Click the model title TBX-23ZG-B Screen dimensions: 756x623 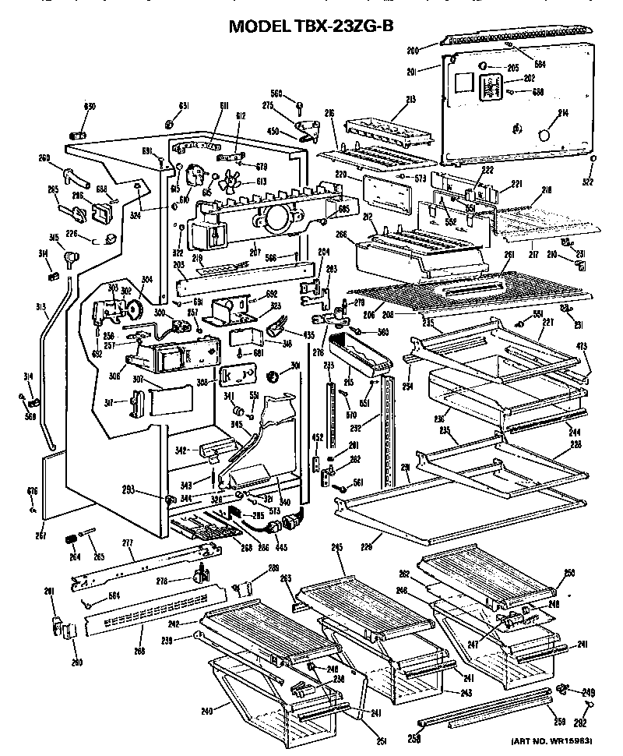tap(311, 25)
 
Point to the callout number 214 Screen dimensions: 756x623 tap(562, 114)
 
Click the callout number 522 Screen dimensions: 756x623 tap(587, 182)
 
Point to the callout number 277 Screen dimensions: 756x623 tap(128, 542)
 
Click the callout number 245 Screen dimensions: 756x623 tap(337, 549)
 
